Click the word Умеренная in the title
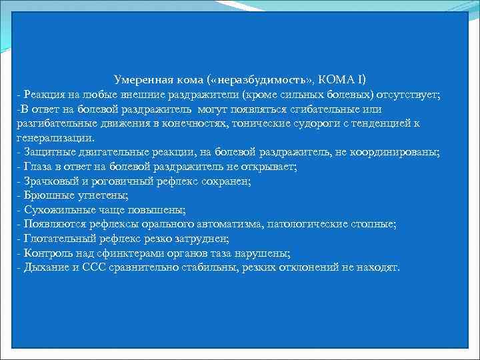142,79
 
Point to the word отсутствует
408,94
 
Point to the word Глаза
37,167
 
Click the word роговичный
117,181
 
